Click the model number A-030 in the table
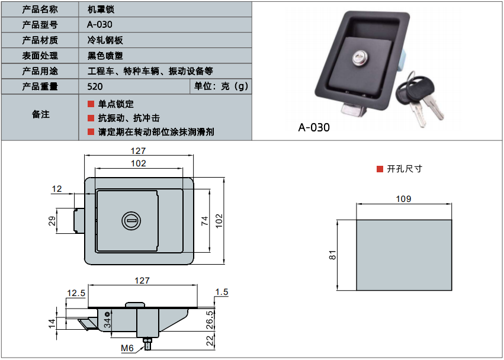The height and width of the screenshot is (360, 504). [99, 25]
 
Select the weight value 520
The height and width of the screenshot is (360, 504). [94, 86]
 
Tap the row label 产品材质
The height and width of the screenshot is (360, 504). [40, 40]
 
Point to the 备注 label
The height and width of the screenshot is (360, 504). [40, 115]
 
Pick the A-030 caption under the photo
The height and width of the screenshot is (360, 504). [314, 127]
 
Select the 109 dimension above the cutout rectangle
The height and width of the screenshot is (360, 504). [403, 199]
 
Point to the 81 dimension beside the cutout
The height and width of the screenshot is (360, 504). [333, 255]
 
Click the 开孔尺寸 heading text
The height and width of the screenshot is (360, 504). [405, 169]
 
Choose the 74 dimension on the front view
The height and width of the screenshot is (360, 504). [205, 220]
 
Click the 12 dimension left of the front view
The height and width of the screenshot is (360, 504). [57, 189]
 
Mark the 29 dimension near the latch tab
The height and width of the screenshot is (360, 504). [52, 221]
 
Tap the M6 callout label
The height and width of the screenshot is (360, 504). [127, 348]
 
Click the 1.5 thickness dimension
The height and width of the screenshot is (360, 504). [222, 292]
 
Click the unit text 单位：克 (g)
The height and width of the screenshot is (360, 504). [221, 86]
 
